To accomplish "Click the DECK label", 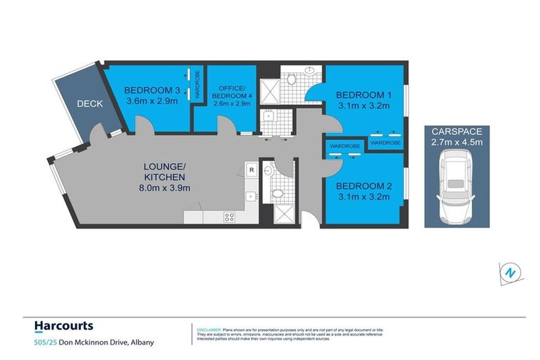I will click(x=90, y=103).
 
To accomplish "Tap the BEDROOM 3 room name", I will click(x=148, y=90).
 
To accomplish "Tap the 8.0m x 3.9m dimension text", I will click(x=163, y=187).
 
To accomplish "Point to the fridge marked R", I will click(x=250, y=169).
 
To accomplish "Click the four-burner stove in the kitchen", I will click(x=229, y=217).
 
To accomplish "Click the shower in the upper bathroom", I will click(x=270, y=89).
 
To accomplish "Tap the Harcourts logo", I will click(x=63, y=326).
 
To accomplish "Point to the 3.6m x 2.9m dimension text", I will click(x=152, y=101).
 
